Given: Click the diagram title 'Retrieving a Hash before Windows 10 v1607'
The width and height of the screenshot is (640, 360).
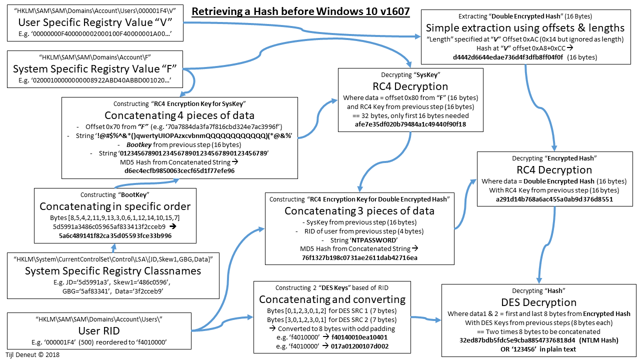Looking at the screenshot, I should pyautogui.click(x=300, y=11).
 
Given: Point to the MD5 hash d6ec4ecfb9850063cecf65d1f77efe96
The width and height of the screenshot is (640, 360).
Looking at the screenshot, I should pyautogui.click(x=179, y=170).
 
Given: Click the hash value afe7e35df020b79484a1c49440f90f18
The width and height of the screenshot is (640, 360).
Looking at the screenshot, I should pyautogui.click(x=410, y=124).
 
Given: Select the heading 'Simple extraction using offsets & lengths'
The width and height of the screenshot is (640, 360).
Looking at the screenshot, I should pyautogui.click(x=525, y=27).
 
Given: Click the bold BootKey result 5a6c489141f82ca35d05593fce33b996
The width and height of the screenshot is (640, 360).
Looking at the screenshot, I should pyautogui.click(x=115, y=235).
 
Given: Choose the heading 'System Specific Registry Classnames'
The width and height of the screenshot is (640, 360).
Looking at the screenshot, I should pyautogui.click(x=113, y=271).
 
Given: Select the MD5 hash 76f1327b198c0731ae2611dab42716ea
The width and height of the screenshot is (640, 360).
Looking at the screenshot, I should pyautogui.click(x=359, y=257).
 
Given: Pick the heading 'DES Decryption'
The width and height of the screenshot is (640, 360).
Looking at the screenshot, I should pyautogui.click(x=538, y=302).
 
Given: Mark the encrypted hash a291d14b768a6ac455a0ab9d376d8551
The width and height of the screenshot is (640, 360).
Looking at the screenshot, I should pyautogui.click(x=554, y=199).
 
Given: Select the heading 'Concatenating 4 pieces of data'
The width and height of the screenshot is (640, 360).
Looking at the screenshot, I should pyautogui.click(x=179, y=115).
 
